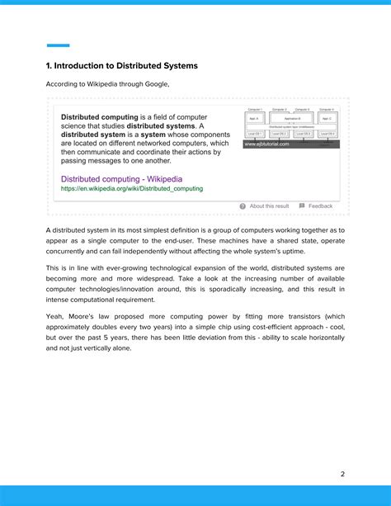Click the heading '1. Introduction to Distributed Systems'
(x=121, y=65)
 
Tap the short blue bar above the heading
(x=58, y=45)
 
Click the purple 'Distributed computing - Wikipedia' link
(x=121, y=178)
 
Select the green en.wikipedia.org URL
(x=131, y=188)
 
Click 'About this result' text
(x=269, y=206)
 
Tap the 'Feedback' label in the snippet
(x=321, y=206)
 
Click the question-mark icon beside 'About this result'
(x=243, y=206)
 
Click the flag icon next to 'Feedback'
(x=302, y=206)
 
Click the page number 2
(x=342, y=474)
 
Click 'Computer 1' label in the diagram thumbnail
(x=254, y=109)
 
